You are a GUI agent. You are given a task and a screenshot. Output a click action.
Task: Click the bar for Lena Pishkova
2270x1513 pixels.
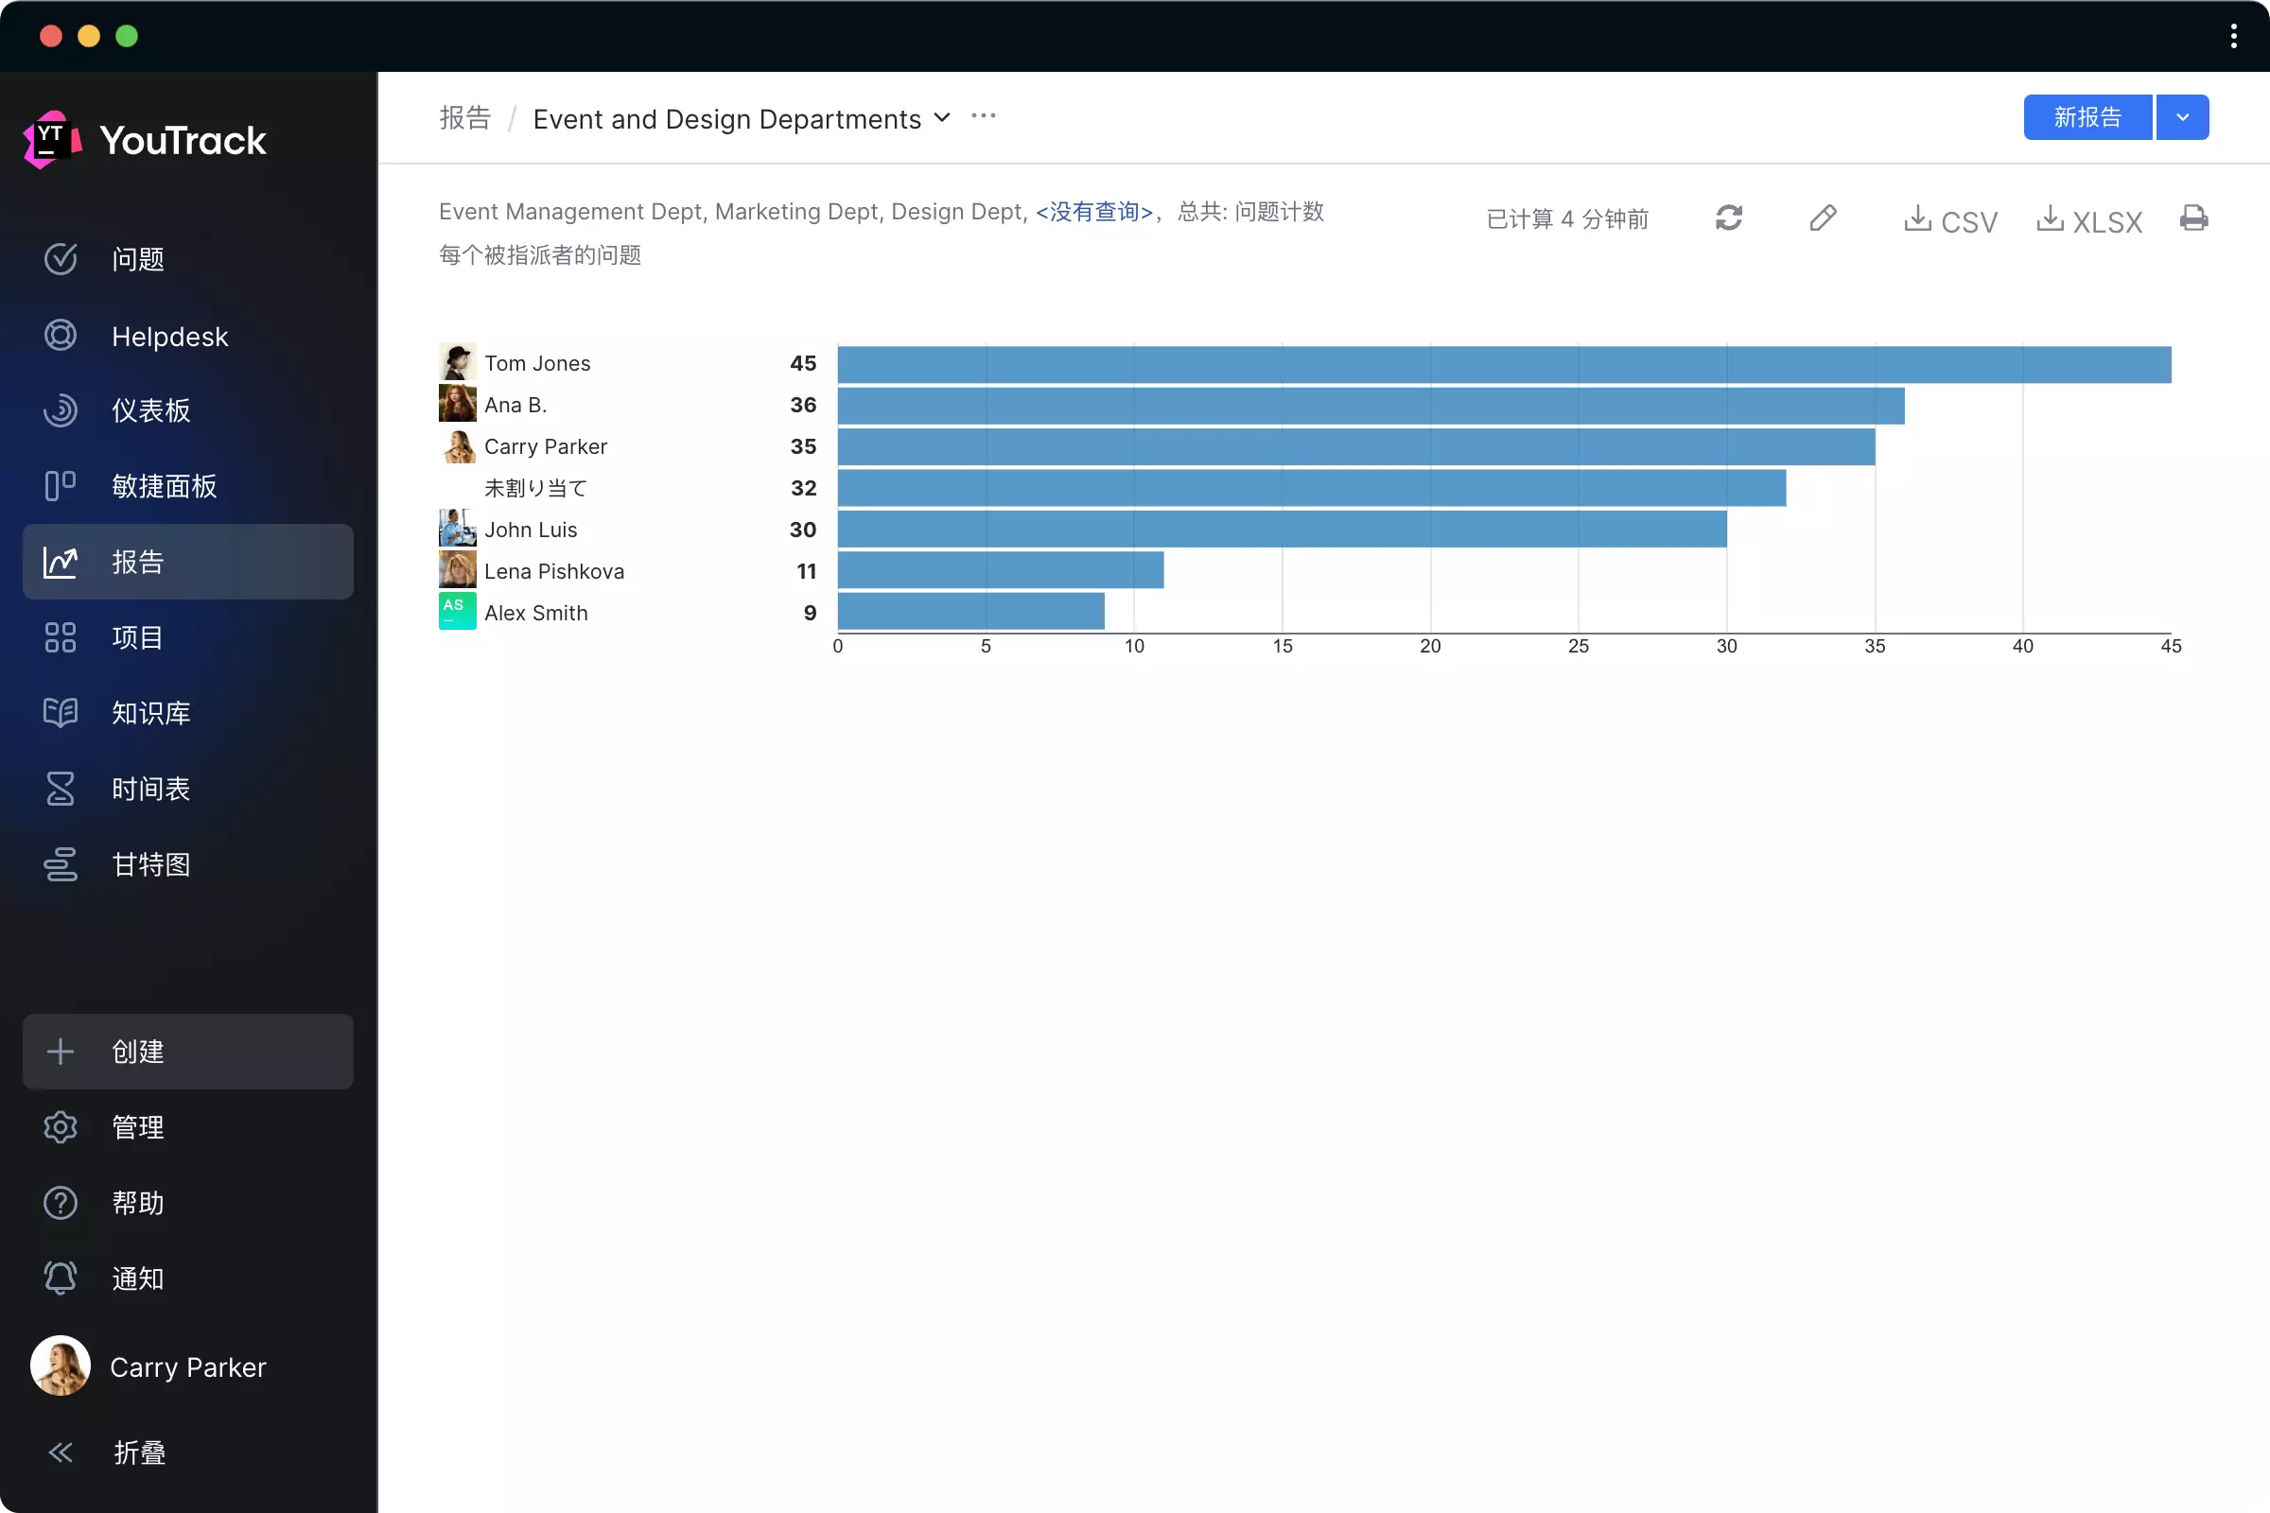(x=1000, y=570)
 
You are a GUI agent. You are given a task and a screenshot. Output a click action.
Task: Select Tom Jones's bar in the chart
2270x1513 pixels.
(x=1504, y=365)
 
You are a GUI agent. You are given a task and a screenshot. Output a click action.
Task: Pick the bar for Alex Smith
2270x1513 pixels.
(x=971, y=612)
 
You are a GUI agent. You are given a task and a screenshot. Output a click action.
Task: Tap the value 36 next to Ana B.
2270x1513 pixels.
(x=803, y=406)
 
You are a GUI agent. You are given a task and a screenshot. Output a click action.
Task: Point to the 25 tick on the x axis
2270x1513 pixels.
(x=1578, y=647)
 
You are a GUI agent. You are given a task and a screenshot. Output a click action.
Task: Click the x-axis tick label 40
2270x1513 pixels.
(x=2022, y=647)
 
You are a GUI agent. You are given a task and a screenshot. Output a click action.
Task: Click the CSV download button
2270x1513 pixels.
(x=1949, y=221)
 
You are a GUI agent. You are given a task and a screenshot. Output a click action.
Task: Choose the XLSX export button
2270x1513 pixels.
(x=2089, y=221)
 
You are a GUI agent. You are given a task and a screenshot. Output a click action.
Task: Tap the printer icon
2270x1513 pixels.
(x=2192, y=218)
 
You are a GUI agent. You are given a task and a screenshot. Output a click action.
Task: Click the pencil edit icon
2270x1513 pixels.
(x=1823, y=218)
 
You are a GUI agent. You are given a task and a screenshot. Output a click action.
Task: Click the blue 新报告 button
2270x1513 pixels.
(x=2087, y=117)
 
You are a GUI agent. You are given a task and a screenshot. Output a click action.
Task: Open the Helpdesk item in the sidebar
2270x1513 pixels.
(x=170, y=337)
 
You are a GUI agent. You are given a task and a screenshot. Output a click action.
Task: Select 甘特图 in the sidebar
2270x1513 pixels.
(x=150, y=864)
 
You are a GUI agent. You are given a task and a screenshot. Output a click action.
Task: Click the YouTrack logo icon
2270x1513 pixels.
(x=50, y=140)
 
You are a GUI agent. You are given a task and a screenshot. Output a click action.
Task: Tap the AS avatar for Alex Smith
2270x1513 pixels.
(x=458, y=612)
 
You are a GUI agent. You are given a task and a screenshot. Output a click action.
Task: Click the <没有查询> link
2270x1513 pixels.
(x=1093, y=211)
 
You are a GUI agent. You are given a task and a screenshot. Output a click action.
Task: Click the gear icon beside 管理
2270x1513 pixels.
(x=60, y=1127)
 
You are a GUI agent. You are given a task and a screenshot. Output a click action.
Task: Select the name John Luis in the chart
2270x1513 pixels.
(x=531, y=530)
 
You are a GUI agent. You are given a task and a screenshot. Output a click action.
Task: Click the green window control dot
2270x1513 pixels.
(x=127, y=37)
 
